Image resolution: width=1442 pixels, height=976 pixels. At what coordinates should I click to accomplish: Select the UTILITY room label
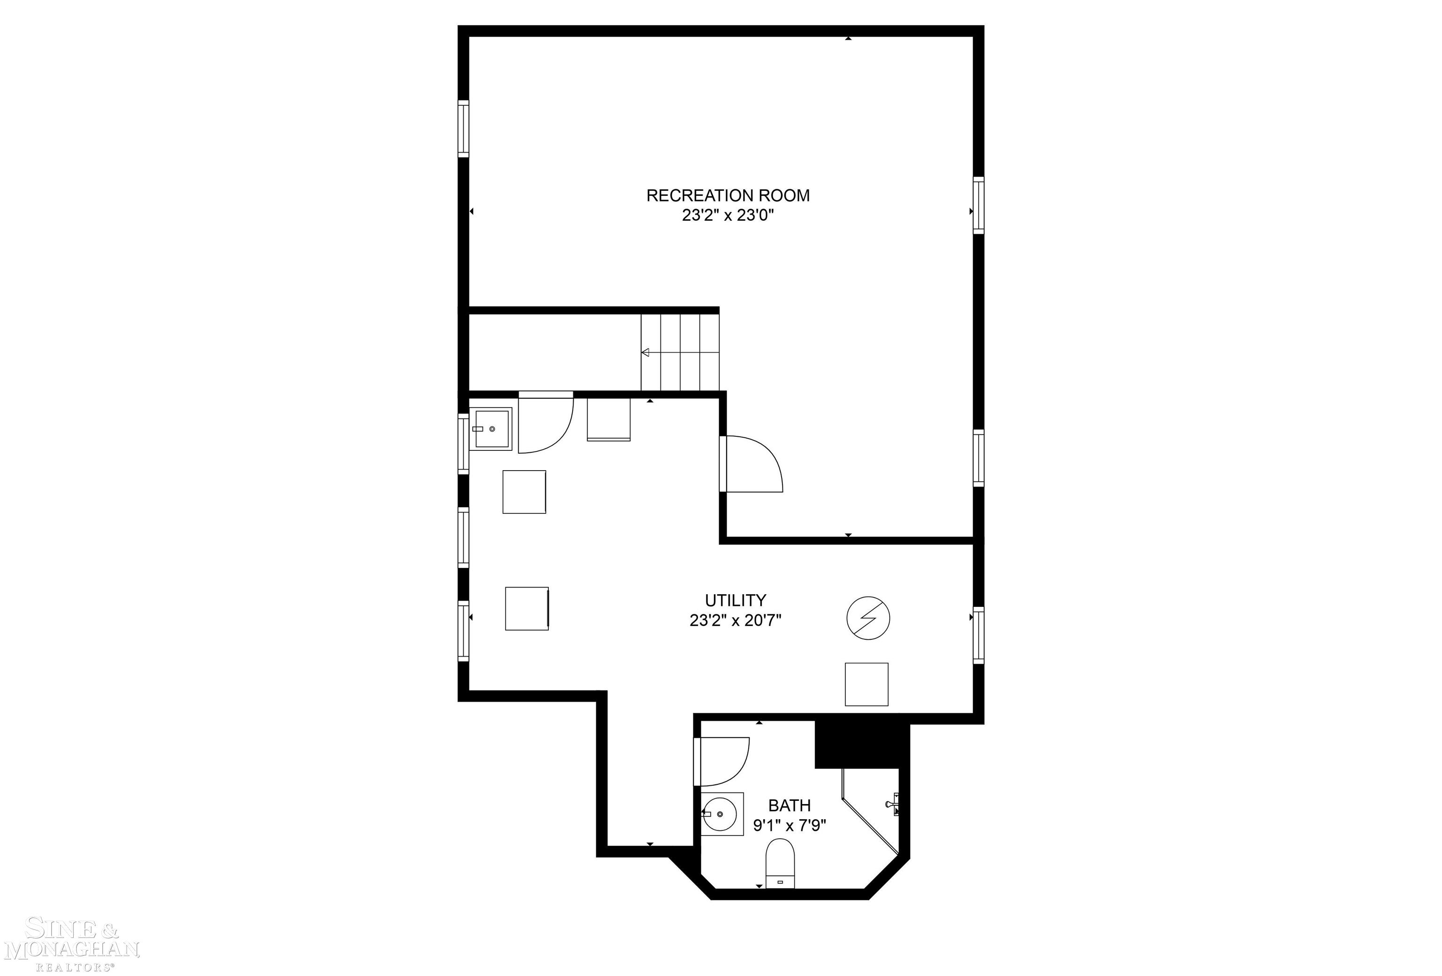point(735,600)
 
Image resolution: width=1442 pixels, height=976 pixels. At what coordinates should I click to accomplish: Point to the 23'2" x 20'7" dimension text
point(735,620)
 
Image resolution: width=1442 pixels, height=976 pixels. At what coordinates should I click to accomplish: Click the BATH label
point(789,805)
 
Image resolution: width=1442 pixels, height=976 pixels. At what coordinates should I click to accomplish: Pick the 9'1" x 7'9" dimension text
point(789,826)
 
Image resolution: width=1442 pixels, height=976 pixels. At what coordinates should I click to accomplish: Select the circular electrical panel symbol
point(868,619)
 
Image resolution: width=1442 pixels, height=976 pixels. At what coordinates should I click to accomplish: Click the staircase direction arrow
point(645,353)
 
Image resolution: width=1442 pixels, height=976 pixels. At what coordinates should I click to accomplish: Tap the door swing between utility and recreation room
point(752,465)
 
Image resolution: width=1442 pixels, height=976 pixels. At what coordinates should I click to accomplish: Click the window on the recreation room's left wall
point(463,129)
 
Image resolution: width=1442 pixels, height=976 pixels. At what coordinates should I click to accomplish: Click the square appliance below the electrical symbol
point(866,684)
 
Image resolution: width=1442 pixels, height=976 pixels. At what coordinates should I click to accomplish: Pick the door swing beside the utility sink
point(544,425)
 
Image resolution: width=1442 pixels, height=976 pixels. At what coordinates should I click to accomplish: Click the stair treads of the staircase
point(680,353)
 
